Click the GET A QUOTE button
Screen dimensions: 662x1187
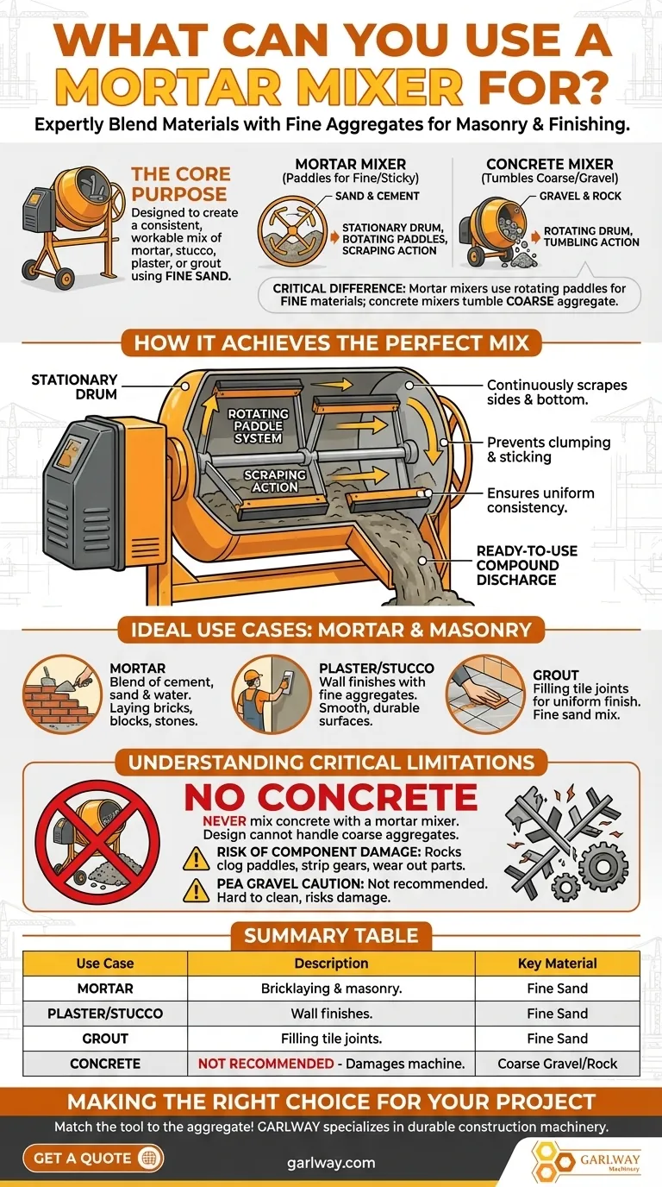coord(93,1158)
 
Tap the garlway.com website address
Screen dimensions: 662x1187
coord(331,1163)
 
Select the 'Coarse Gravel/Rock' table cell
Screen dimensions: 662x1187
coord(557,1064)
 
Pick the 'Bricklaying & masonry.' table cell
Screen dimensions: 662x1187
coord(332,989)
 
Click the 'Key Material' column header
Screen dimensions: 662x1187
coord(557,964)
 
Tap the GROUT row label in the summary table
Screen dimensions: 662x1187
coord(105,1039)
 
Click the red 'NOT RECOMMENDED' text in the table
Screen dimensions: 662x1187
coord(265,1064)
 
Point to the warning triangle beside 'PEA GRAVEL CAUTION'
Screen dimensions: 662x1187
coord(197,890)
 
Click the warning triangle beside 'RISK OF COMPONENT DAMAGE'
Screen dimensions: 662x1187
coord(197,858)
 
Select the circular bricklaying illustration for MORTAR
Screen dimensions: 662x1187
coord(62,694)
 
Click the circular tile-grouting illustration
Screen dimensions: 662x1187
coord(485,694)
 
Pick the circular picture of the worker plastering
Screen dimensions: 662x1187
coord(272,694)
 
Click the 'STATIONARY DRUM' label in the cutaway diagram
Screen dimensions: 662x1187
coord(74,386)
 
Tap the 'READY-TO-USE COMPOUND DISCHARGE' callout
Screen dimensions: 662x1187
coord(527,565)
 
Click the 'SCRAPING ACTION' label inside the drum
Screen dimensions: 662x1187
coord(275,480)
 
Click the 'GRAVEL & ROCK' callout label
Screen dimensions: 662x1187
coord(580,196)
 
